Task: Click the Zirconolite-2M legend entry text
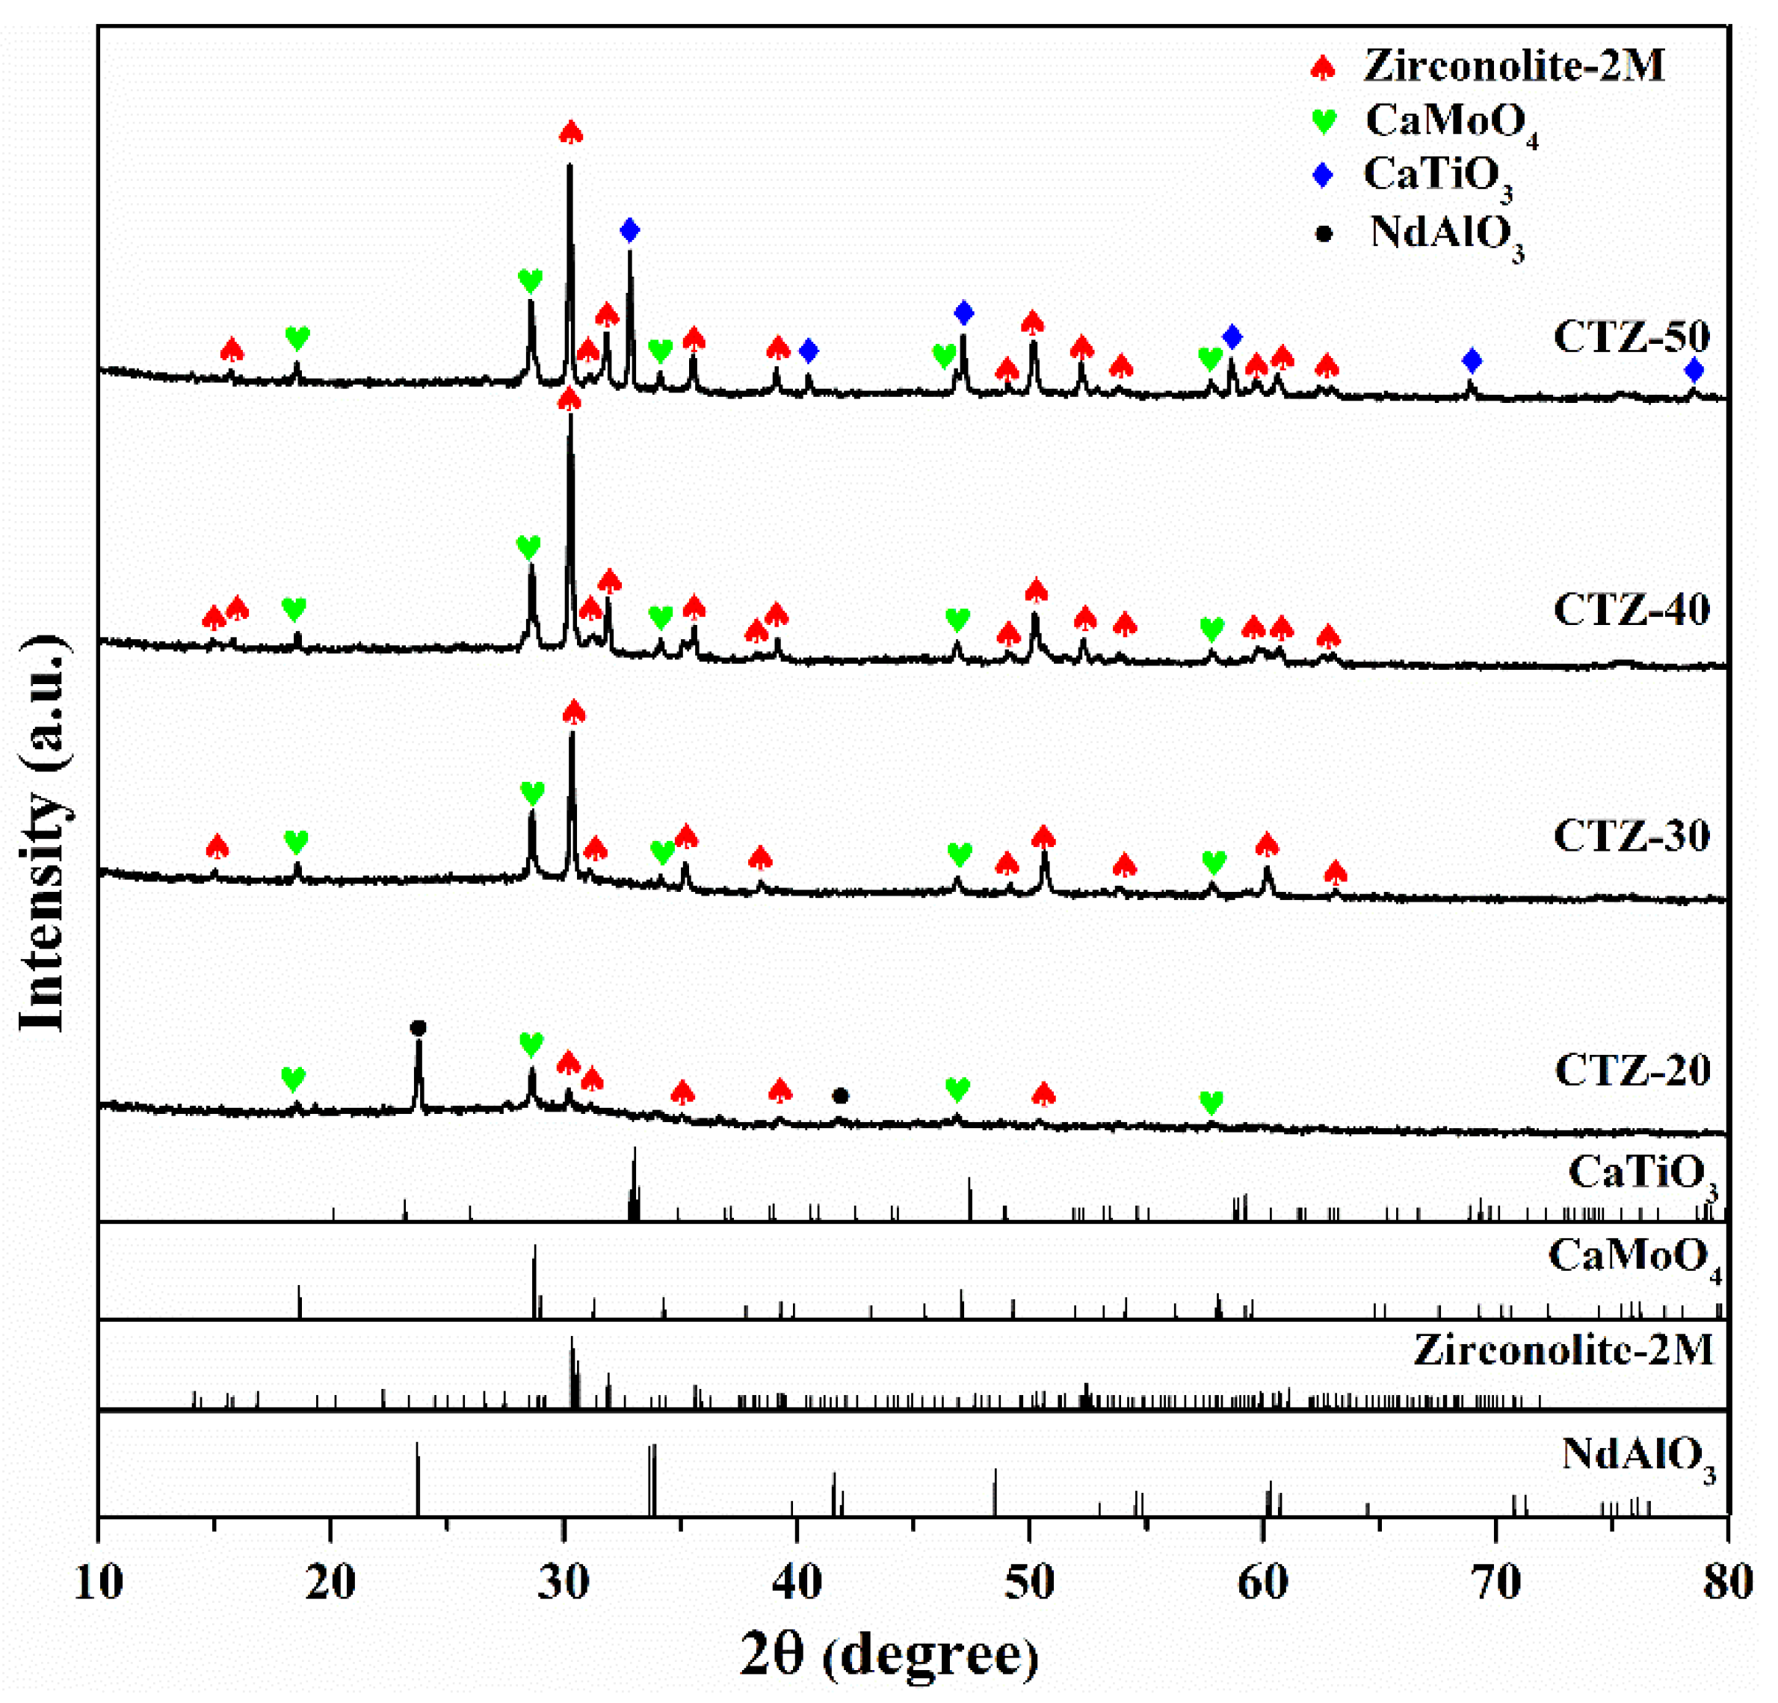(1513, 67)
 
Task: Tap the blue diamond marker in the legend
(1324, 175)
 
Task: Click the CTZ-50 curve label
(1631, 336)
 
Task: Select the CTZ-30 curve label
(1631, 836)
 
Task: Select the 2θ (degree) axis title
(889, 1653)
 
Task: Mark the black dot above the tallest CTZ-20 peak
(417, 1028)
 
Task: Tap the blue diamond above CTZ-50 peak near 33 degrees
(629, 230)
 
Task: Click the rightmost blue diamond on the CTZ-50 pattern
(1694, 370)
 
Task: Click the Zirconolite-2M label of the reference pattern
(1563, 1351)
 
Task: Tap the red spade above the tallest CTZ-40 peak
(569, 399)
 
